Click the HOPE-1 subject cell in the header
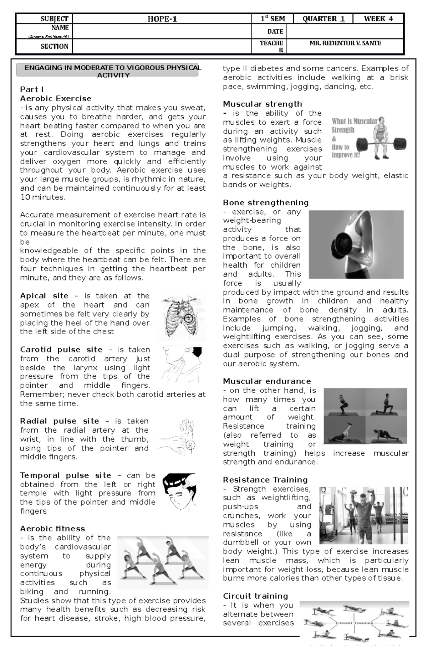click(x=162, y=19)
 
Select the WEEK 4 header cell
click(x=378, y=19)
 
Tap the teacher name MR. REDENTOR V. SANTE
click(x=345, y=43)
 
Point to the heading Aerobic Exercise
click(x=56, y=98)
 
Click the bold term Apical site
click(x=44, y=296)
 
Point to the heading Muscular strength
click(x=262, y=104)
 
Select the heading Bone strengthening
click(x=266, y=203)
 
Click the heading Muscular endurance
click(x=267, y=381)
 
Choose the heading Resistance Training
click(x=265, y=480)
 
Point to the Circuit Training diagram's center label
click(x=354, y=623)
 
